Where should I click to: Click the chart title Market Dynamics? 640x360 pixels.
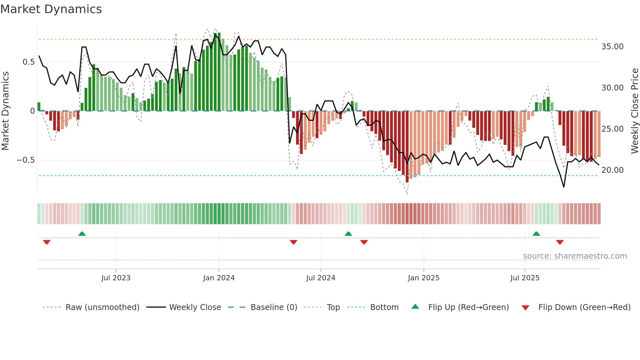pyautogui.click(x=51, y=9)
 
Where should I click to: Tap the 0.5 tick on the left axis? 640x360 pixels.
pyautogui.click(x=28, y=62)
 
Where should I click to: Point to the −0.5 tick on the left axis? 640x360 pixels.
pyautogui.click(x=25, y=160)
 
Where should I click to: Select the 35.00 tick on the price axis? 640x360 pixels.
pyautogui.click(x=612, y=47)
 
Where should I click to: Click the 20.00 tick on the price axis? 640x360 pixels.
pyautogui.click(x=612, y=170)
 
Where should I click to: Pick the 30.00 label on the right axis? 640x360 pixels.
pyautogui.click(x=612, y=88)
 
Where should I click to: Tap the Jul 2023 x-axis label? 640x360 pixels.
pyautogui.click(x=116, y=278)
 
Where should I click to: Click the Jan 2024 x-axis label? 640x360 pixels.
pyautogui.click(x=219, y=278)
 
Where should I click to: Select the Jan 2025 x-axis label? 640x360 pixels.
pyautogui.click(x=424, y=278)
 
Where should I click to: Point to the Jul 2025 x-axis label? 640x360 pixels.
pyautogui.click(x=525, y=278)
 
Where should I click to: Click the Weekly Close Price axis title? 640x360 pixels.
pyautogui.click(x=634, y=111)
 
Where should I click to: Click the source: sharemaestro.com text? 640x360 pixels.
pyautogui.click(x=575, y=256)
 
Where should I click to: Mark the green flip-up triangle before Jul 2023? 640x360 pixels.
pyautogui.click(x=82, y=234)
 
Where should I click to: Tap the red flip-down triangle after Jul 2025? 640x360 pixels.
pyautogui.click(x=560, y=242)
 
